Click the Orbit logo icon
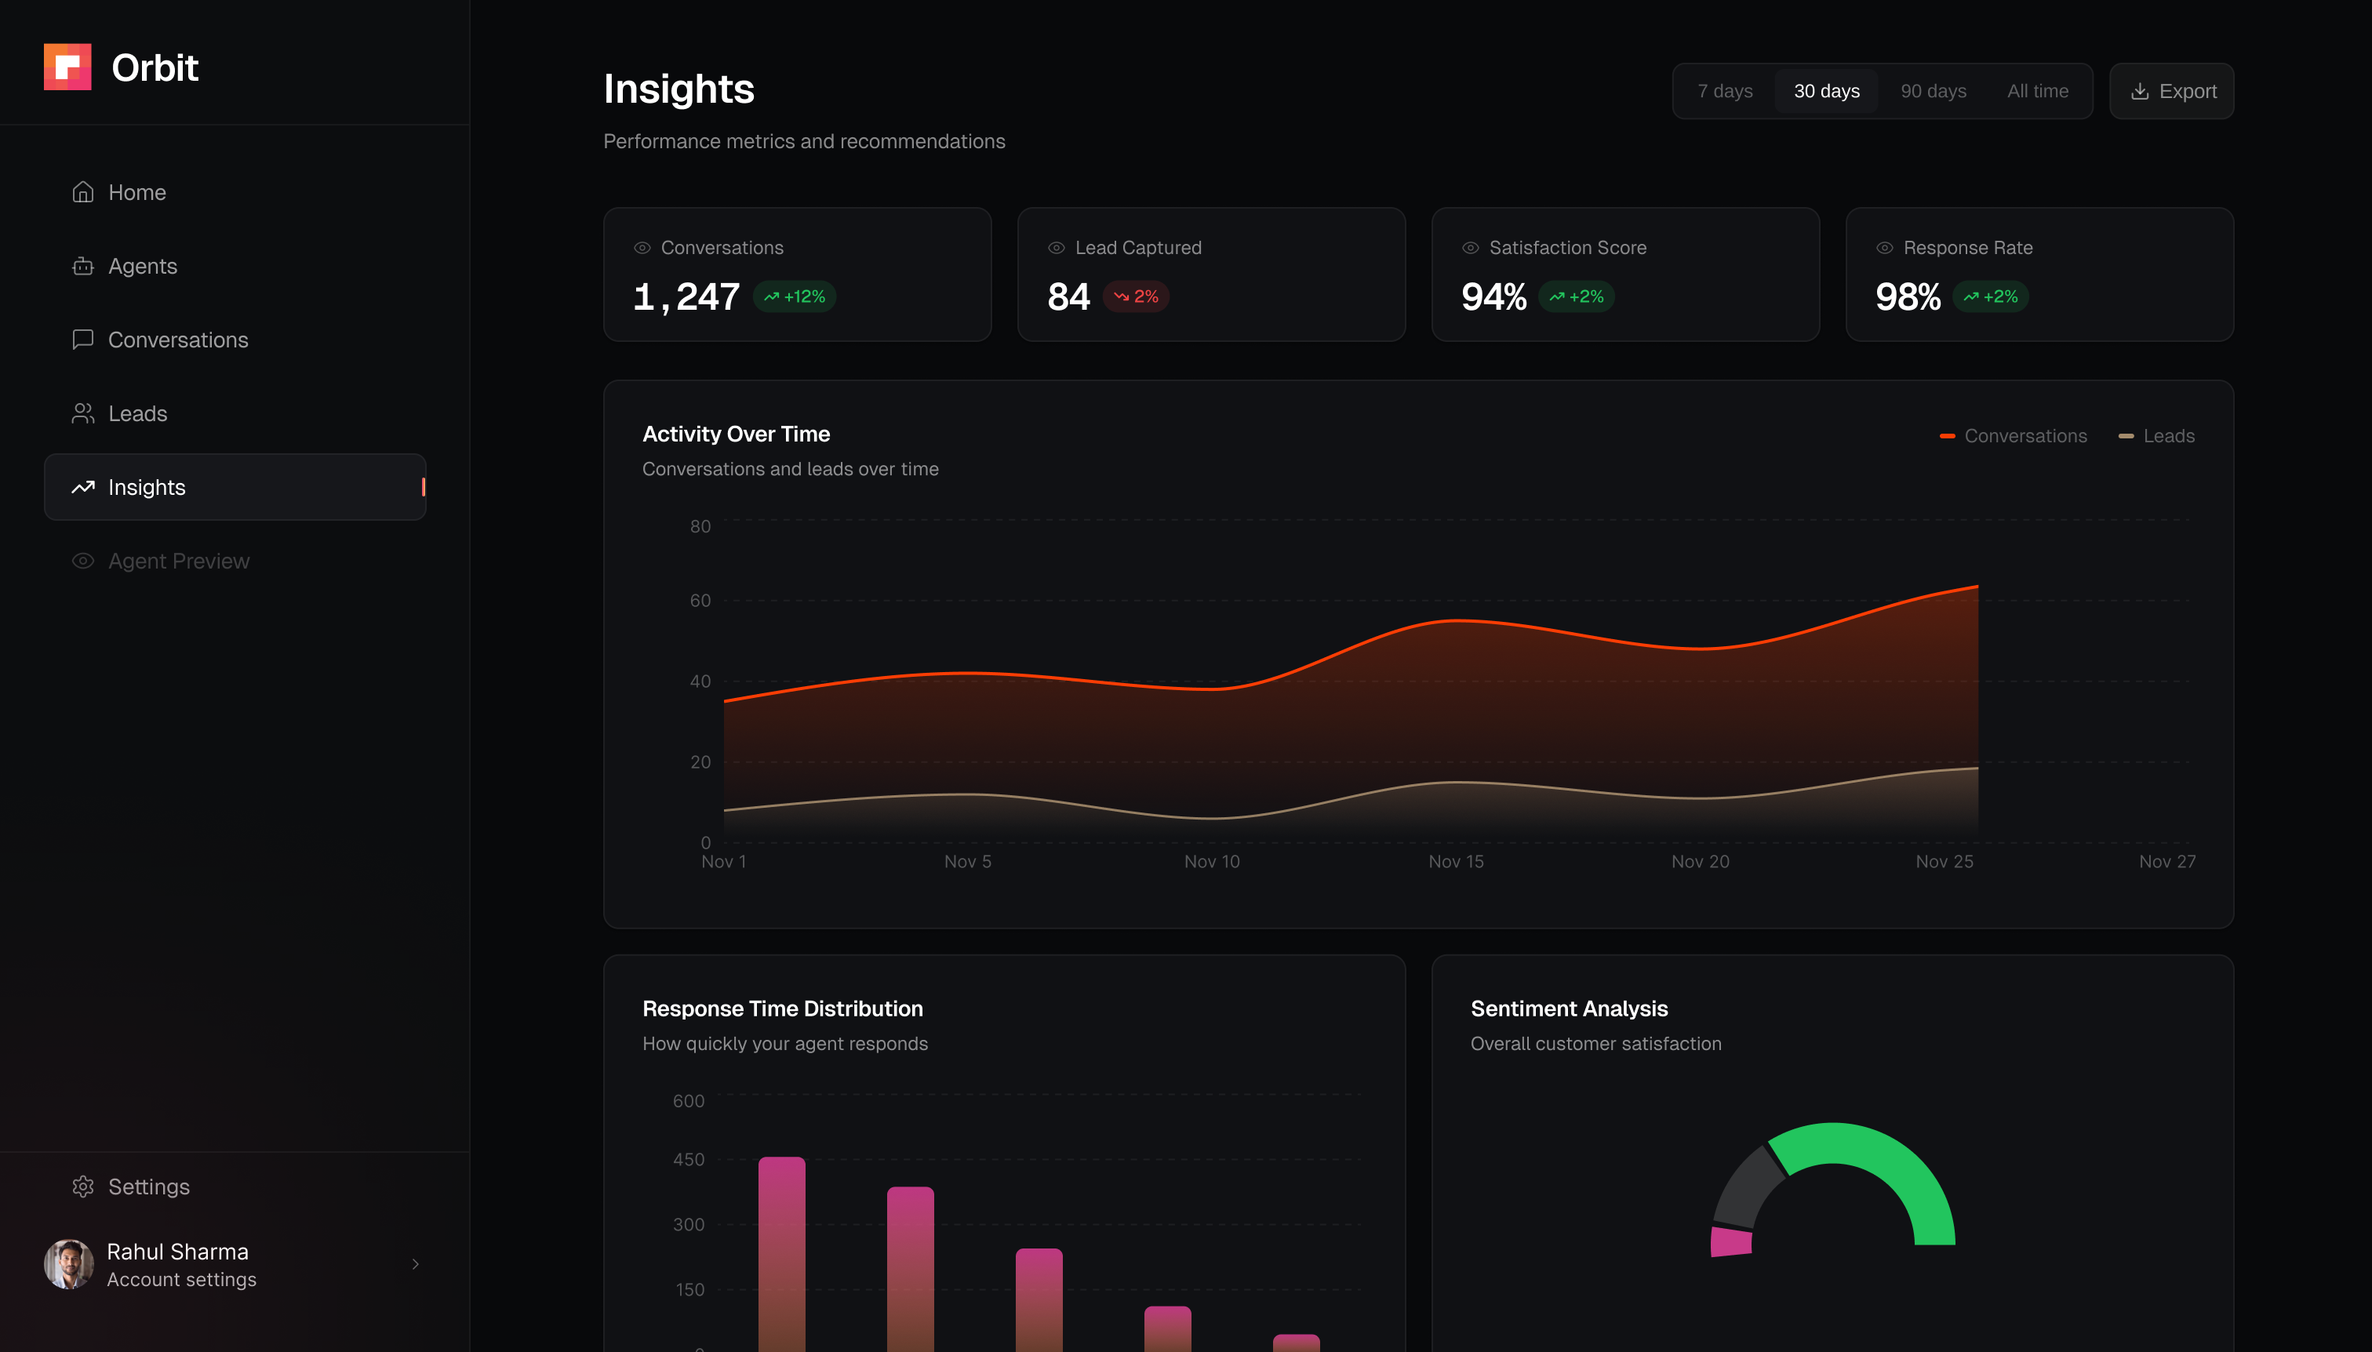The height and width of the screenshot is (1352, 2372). point(67,67)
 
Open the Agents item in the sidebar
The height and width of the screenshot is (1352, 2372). point(141,267)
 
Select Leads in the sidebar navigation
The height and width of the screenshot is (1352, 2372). point(136,414)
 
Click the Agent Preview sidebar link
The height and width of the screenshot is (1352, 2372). point(177,562)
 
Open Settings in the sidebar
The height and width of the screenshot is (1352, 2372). point(147,1187)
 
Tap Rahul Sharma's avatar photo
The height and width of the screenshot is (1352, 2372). point(69,1264)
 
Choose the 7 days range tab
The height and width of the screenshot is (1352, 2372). point(1725,91)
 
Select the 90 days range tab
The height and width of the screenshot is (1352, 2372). point(1933,91)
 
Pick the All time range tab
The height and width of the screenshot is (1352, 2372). point(2037,91)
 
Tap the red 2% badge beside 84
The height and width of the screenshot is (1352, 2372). point(1136,297)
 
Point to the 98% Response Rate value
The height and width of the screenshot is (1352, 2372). point(1908,297)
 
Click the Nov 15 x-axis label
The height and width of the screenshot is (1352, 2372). point(1455,862)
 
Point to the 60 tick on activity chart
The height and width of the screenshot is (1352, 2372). point(700,601)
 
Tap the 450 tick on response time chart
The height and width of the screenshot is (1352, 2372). point(688,1160)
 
